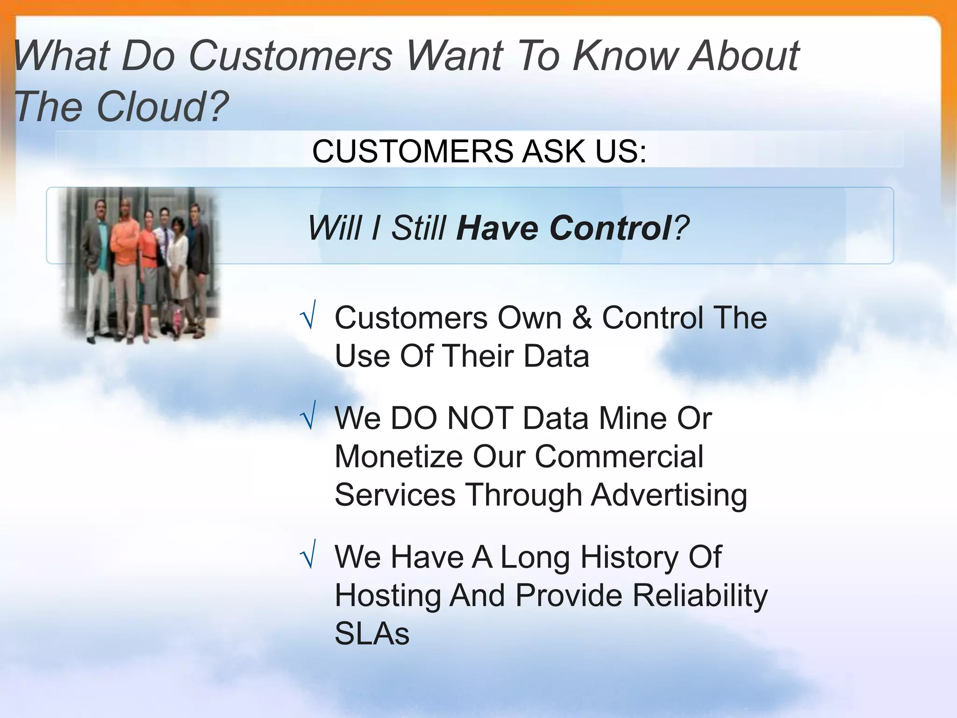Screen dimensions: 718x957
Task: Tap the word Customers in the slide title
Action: [290, 56]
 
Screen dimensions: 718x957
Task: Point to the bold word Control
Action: [610, 229]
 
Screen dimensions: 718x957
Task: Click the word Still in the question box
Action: [418, 229]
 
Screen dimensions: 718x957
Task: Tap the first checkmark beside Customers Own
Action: [308, 316]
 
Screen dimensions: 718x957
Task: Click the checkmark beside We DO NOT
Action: [308, 416]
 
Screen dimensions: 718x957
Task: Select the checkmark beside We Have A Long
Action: [308, 555]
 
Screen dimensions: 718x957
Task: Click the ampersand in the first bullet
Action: [582, 318]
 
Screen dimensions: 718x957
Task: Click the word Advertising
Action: [669, 495]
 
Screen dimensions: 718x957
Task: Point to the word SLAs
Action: [372, 634]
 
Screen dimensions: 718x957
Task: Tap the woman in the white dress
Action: [178, 262]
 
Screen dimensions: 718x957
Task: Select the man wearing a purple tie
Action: [163, 248]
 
